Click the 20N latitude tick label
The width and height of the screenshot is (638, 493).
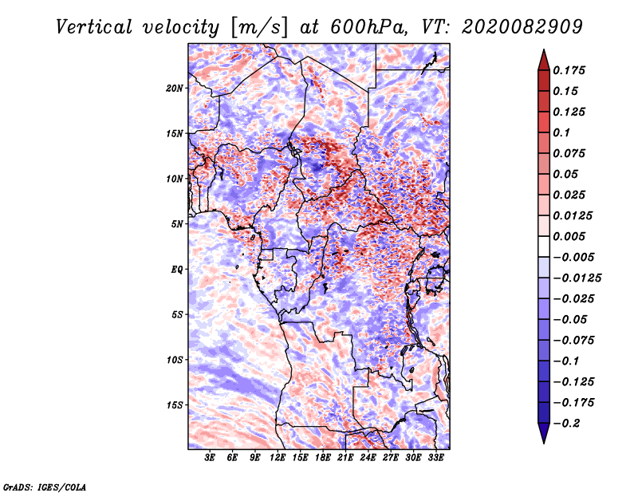click(x=175, y=88)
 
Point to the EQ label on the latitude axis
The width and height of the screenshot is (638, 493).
click(x=177, y=269)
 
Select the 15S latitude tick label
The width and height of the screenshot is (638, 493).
click(x=175, y=404)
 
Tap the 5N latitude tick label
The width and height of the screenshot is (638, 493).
click(x=177, y=223)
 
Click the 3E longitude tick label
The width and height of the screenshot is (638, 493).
click(x=210, y=458)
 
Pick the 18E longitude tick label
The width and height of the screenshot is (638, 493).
click(x=323, y=458)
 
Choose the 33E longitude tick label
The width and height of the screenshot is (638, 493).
click(x=436, y=458)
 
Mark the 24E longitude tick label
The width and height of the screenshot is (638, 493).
click(x=368, y=458)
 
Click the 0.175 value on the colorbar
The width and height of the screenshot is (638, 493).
click(x=571, y=70)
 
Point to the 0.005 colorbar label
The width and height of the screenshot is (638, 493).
click(x=571, y=236)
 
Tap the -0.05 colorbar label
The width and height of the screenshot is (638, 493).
click(x=573, y=319)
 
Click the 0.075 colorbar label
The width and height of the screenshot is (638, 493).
click(x=571, y=153)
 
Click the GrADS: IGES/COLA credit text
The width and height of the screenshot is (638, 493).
click(x=44, y=486)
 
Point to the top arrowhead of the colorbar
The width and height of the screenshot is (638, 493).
click(x=543, y=57)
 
